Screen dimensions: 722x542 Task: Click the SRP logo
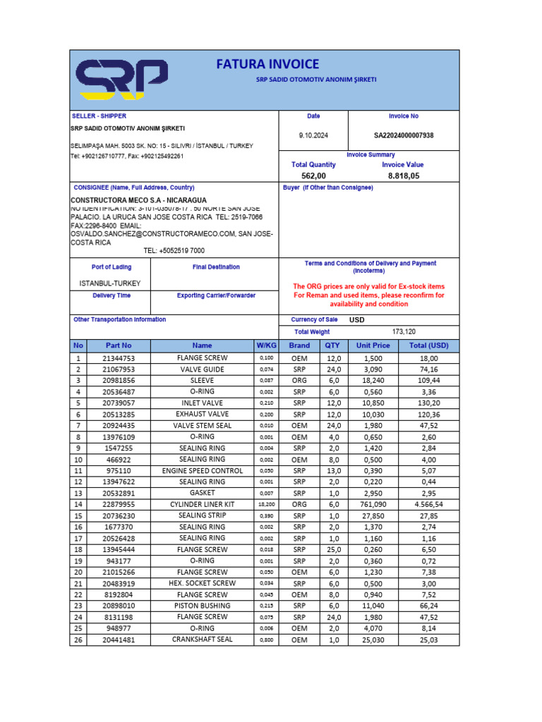point(122,79)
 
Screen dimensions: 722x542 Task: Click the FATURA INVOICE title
point(267,64)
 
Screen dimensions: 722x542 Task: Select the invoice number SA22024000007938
point(404,135)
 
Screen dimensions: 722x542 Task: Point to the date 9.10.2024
point(313,135)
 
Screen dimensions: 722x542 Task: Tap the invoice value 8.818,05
point(404,176)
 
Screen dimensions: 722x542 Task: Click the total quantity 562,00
point(313,176)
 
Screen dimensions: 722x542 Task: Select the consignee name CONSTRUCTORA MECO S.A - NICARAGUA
point(138,200)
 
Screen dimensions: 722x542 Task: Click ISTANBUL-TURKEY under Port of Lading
point(111,283)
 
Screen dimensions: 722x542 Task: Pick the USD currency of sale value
point(357,319)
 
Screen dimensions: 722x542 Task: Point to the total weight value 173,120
point(404,331)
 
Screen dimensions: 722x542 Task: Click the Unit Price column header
point(373,345)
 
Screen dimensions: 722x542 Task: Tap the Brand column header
point(299,345)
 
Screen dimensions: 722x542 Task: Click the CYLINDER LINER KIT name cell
point(202,504)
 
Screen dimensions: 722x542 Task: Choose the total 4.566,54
point(423,504)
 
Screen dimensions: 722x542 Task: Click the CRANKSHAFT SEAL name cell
point(202,640)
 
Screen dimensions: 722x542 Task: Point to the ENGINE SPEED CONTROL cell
point(202,470)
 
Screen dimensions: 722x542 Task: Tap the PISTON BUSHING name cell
point(202,606)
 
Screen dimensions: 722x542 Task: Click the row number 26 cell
point(78,640)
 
